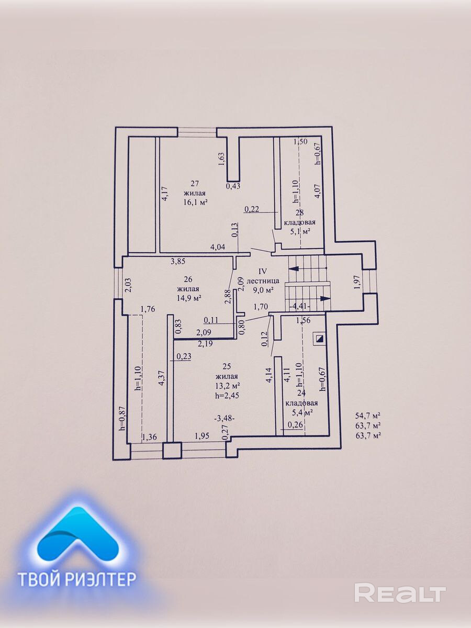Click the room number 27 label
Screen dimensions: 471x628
pos(195,183)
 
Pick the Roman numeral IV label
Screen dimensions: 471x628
pos(263,271)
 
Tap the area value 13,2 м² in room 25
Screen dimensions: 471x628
pos(228,386)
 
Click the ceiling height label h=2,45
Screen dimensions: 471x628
pos(227,395)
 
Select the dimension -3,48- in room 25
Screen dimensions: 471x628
pos(224,418)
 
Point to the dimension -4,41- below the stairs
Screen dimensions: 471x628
pos(301,306)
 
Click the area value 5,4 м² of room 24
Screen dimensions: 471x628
pos(301,412)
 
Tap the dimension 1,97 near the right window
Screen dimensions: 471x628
pos(357,283)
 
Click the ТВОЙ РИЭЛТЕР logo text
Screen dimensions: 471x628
pos(77,579)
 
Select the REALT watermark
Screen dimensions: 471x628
pos(400,593)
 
